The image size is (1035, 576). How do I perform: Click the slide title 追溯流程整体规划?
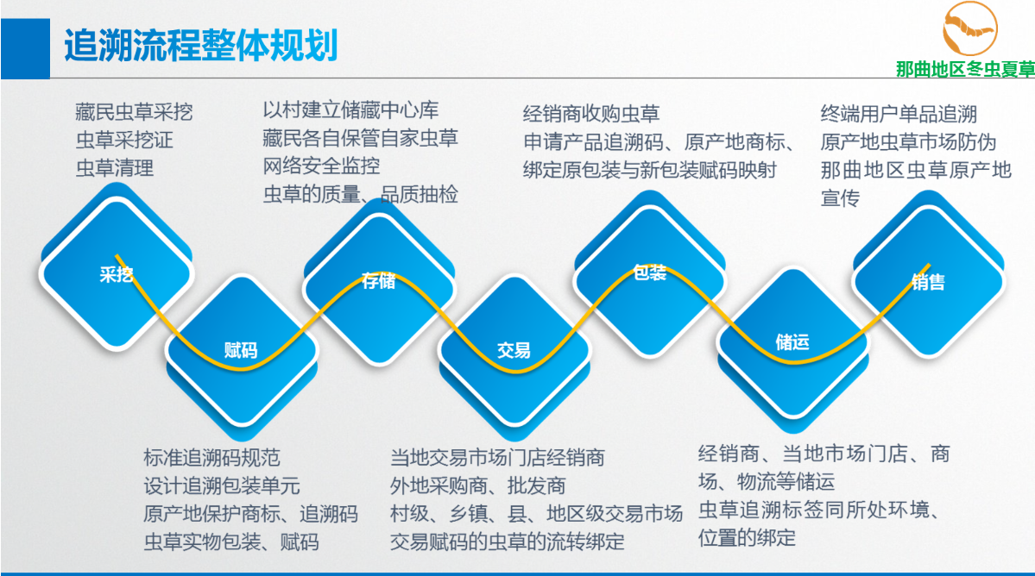200,46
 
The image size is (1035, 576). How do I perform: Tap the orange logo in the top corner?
969,29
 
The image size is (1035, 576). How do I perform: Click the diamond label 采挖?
117,274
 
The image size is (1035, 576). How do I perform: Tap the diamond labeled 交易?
514,351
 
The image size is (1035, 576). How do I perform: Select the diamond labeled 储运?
792,342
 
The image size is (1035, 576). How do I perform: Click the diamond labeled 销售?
929,281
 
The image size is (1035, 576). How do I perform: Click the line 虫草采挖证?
124,140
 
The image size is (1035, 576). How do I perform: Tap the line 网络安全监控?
321,166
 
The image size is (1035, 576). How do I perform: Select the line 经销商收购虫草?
591,114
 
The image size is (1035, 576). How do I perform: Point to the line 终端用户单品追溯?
899,114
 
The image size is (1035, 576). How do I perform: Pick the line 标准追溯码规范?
211,457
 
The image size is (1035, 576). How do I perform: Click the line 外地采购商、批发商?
477,485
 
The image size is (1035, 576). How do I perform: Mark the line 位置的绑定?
747,538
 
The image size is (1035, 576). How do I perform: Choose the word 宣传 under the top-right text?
840,197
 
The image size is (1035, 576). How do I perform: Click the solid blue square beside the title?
25,48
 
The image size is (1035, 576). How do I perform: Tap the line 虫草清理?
114,168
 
